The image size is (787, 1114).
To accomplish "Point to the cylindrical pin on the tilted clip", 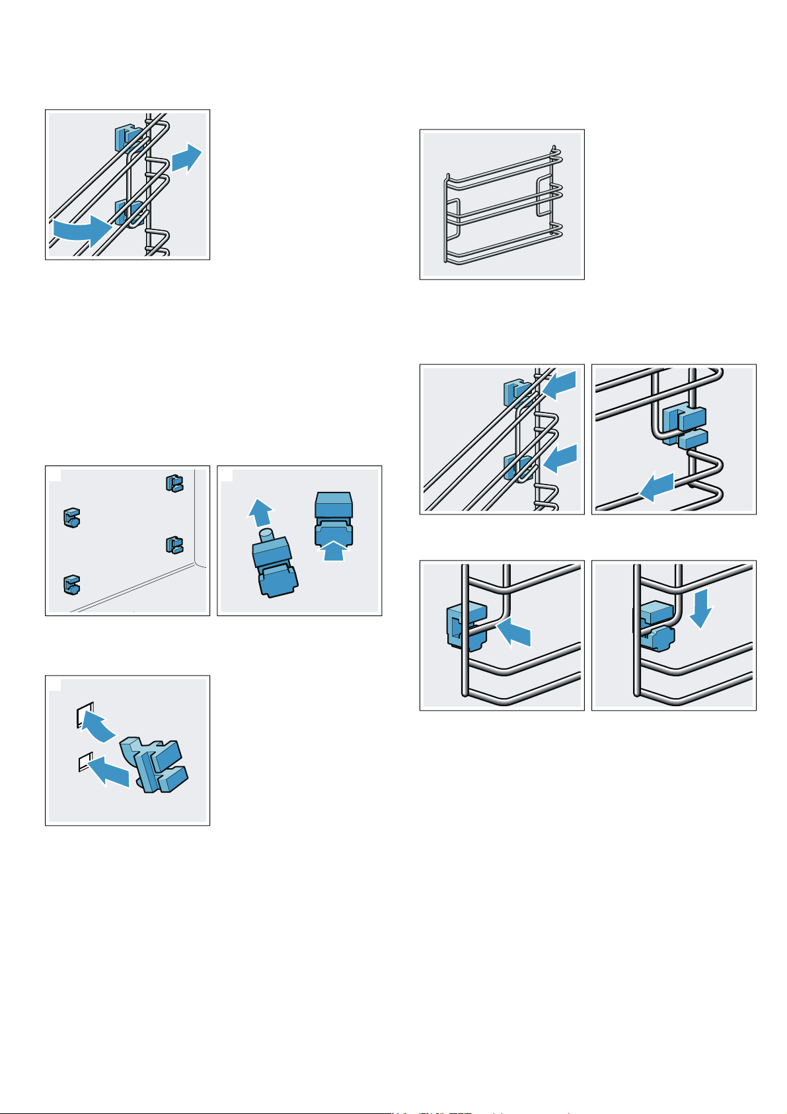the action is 266,533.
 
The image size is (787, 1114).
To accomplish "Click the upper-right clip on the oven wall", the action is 174,483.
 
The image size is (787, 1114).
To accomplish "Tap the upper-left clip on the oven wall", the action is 71,517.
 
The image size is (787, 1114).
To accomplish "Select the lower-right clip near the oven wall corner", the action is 174,545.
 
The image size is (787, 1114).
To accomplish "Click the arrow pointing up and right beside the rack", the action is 187,158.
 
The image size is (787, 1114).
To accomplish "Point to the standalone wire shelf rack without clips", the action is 502,205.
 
